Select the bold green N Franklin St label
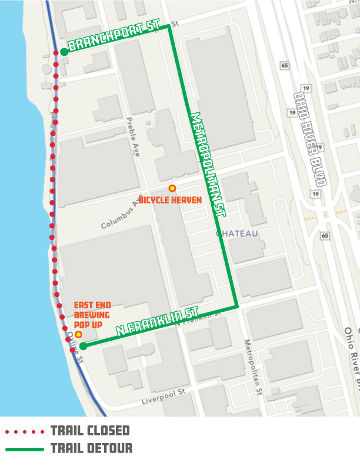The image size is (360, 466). point(157,321)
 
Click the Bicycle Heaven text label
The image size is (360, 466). point(171,200)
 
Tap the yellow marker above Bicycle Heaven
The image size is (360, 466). point(172,188)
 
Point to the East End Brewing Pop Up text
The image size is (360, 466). point(91,315)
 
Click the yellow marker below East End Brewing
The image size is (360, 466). point(78,334)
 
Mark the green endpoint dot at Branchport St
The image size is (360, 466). point(64,52)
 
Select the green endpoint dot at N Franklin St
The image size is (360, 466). point(84,346)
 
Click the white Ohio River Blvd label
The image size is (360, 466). point(311,138)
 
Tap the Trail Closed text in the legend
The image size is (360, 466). point(89,431)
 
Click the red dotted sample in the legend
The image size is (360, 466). point(24,431)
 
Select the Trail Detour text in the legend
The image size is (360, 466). point(91,448)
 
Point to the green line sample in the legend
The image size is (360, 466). point(24,449)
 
